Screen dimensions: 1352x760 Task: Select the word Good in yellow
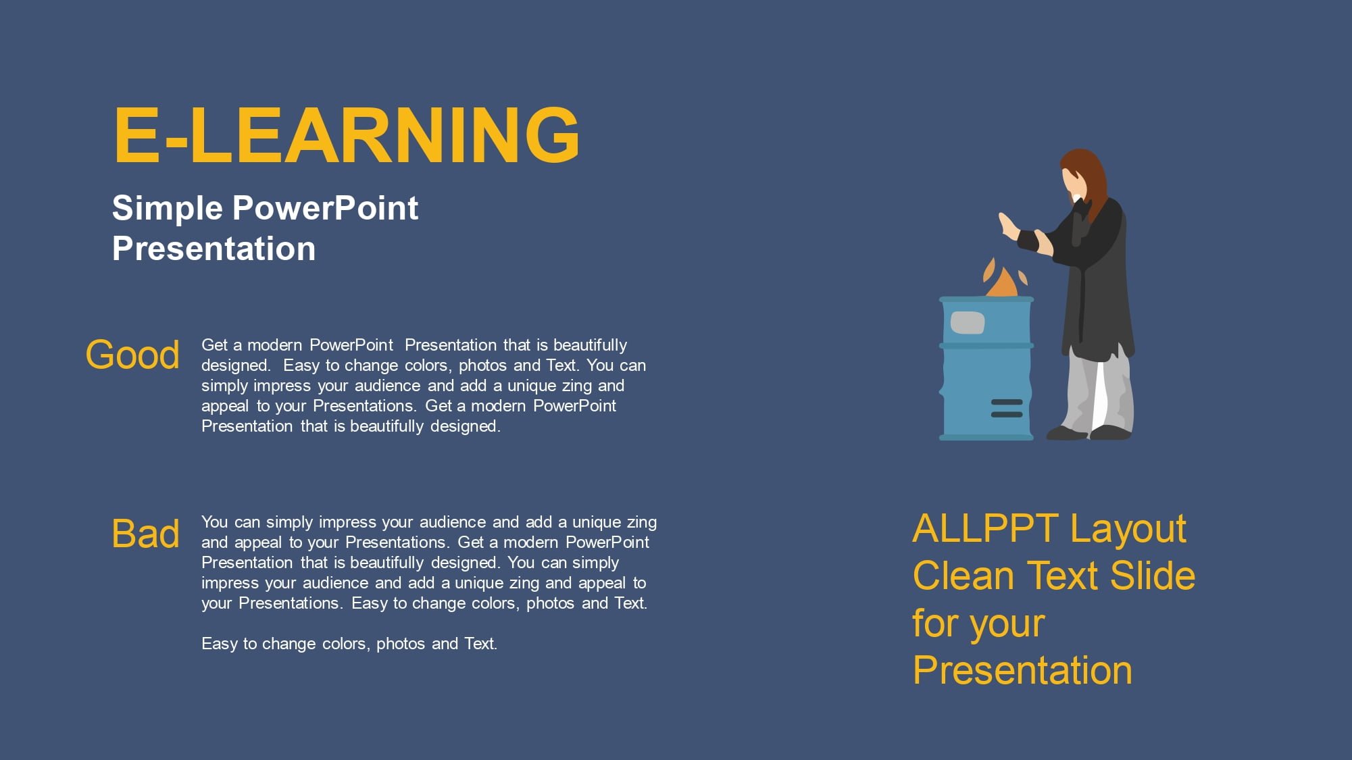pos(132,355)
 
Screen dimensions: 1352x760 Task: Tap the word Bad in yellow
pos(145,534)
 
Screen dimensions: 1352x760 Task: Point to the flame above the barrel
pos(1003,278)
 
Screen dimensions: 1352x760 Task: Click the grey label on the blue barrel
pos(968,322)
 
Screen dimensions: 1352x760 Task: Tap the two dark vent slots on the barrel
pos(1007,408)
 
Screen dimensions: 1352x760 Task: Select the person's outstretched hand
pos(1009,226)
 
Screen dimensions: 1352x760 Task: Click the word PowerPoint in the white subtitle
pos(325,208)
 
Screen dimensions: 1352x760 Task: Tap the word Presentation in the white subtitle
pos(214,249)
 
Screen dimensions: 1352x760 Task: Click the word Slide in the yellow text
pos(1153,576)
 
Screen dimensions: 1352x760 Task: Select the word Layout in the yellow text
pos(1128,530)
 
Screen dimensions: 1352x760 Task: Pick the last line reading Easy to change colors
pos(349,644)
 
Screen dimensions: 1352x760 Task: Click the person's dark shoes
pos(1089,432)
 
